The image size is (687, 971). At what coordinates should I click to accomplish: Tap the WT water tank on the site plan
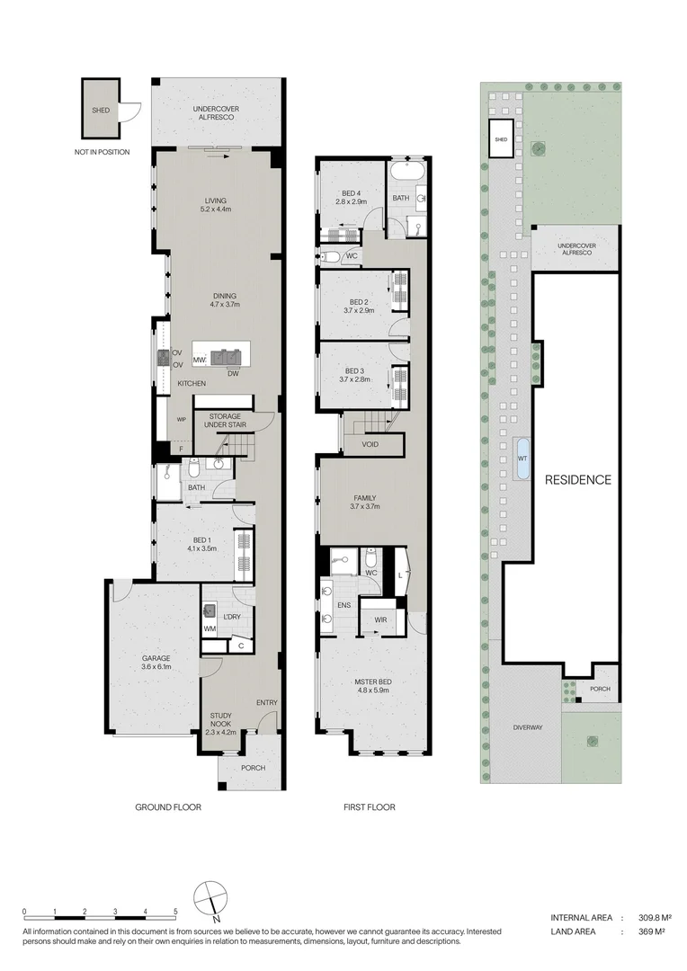[522, 459]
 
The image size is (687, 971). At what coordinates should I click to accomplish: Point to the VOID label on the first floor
[370, 444]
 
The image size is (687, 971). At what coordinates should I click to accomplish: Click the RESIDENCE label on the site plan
[578, 480]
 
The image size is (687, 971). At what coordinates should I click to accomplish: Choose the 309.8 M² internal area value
[655, 918]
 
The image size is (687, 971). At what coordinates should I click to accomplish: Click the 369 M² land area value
[652, 931]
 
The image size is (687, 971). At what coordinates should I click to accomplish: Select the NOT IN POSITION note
[103, 152]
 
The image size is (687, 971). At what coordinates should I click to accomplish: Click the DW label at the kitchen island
[233, 373]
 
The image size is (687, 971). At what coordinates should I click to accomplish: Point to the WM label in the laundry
[210, 628]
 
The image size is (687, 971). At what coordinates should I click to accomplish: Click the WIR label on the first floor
[380, 619]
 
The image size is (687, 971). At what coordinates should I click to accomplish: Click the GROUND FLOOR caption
[168, 806]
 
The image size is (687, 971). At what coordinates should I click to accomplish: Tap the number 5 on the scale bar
[175, 912]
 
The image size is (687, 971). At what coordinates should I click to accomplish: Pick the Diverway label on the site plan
[528, 727]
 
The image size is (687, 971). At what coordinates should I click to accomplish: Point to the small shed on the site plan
[501, 139]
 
